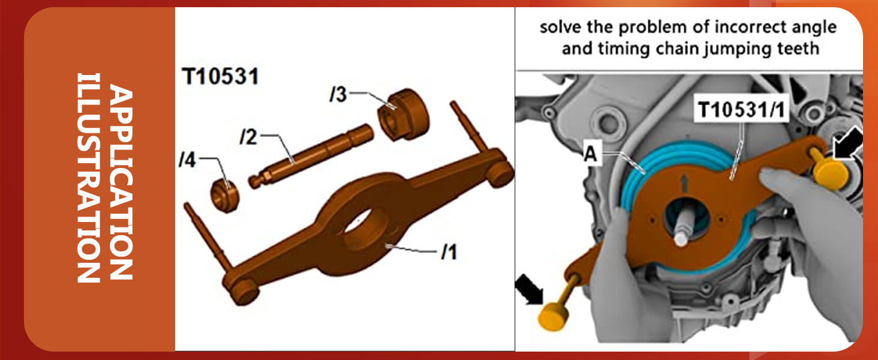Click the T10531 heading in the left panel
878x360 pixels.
point(220,77)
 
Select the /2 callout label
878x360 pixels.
point(248,138)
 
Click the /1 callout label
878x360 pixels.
point(449,253)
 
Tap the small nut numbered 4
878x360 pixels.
point(227,193)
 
